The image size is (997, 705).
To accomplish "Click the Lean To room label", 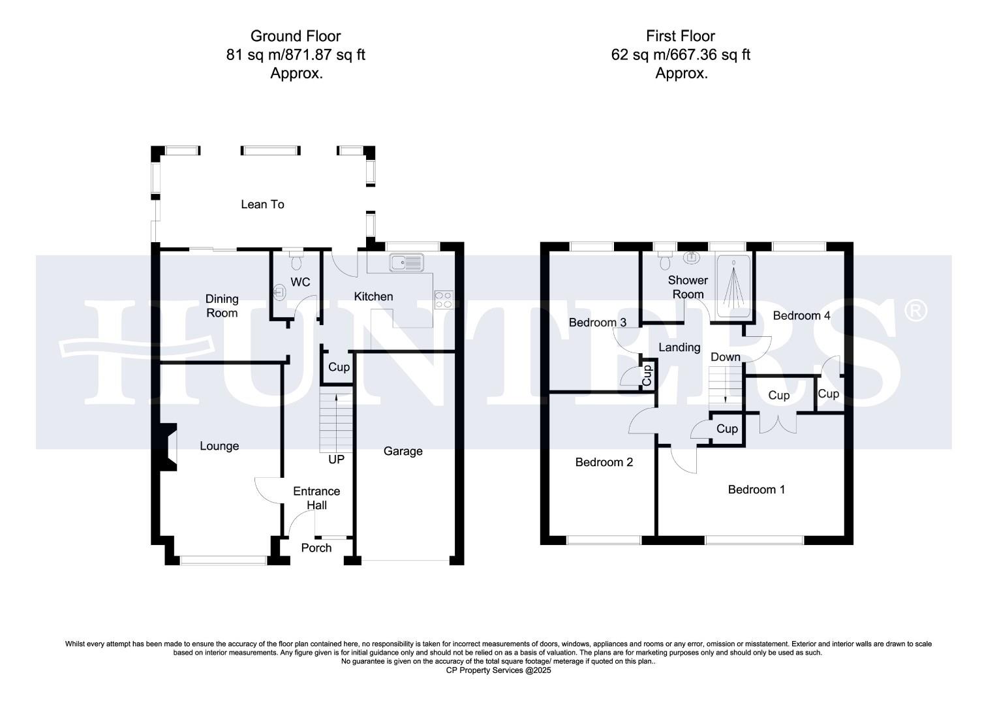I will pyautogui.click(x=262, y=204).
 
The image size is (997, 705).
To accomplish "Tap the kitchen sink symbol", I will pyautogui.click(x=406, y=263).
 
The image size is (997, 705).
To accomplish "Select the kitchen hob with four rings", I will pyautogui.click(x=443, y=299).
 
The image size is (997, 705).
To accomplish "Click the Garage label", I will pyautogui.click(x=403, y=451).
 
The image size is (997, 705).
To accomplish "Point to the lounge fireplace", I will pyautogui.click(x=170, y=447).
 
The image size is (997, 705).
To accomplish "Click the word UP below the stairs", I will pyautogui.click(x=336, y=460).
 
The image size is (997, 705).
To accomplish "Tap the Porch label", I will pyautogui.click(x=316, y=548).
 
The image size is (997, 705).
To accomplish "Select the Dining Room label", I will pyautogui.click(x=222, y=305).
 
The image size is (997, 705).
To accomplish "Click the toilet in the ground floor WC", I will pyautogui.click(x=296, y=262).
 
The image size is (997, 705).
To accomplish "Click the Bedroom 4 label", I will pyautogui.click(x=801, y=316).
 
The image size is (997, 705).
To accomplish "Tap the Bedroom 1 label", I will pyautogui.click(x=756, y=490).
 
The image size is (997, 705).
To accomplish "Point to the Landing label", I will pyautogui.click(x=679, y=347).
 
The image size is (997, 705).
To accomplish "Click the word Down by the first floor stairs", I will pyautogui.click(x=725, y=357).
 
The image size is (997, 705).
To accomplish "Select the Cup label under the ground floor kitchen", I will pyautogui.click(x=339, y=367).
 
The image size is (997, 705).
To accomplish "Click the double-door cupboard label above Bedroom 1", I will pyautogui.click(x=778, y=396).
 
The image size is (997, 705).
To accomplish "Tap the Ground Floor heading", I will pyautogui.click(x=296, y=36).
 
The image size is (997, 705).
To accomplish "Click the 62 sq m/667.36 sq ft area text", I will pyautogui.click(x=681, y=55).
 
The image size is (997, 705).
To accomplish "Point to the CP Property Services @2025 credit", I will pyautogui.click(x=498, y=670).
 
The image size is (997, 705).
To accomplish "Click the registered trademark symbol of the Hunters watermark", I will pyautogui.click(x=915, y=311).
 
